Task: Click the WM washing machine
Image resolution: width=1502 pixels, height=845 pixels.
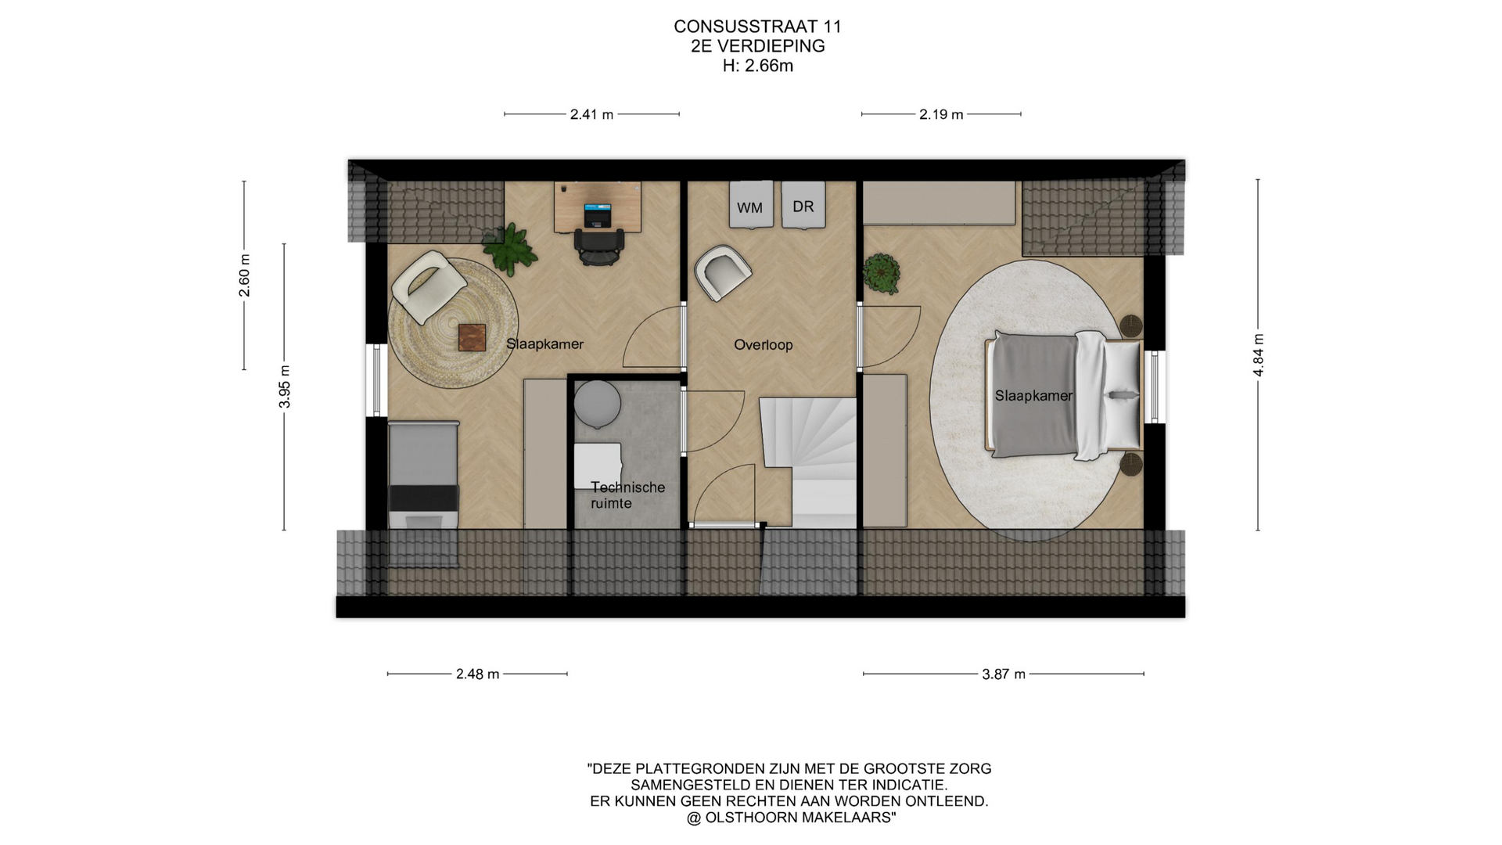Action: [751, 205]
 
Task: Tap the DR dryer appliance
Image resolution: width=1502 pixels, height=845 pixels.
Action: [803, 205]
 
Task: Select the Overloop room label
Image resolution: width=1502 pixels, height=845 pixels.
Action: [764, 345]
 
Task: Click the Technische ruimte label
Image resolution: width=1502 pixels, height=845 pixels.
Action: [627, 495]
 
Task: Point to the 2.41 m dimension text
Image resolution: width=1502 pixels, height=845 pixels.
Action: [591, 114]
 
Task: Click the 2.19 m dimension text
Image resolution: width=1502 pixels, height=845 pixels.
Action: [941, 114]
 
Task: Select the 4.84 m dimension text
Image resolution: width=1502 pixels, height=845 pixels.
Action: [1258, 355]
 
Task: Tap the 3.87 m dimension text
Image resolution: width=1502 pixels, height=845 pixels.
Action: [1004, 674]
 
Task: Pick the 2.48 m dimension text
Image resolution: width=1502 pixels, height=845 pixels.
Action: [477, 674]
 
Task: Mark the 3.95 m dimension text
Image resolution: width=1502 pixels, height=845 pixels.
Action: [285, 387]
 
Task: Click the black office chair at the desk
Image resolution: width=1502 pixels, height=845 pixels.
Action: [599, 246]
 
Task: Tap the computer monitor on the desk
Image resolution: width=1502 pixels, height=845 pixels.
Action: [598, 214]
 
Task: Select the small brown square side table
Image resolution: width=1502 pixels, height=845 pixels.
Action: [472, 338]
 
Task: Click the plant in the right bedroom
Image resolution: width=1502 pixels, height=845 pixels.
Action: [882, 274]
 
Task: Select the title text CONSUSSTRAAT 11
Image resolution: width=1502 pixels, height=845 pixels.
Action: [757, 27]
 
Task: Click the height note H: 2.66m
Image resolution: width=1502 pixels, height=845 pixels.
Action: [757, 66]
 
